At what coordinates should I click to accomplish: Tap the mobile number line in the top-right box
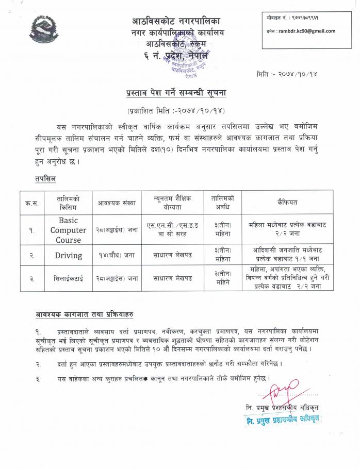tap(292, 18)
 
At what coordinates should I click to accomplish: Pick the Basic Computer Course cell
tap(68, 230)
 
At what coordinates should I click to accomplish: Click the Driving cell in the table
tap(68, 255)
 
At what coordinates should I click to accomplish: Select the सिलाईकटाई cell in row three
tap(68, 278)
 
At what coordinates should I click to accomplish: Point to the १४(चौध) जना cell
tap(117, 255)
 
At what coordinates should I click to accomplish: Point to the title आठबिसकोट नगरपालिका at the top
tap(175, 22)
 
